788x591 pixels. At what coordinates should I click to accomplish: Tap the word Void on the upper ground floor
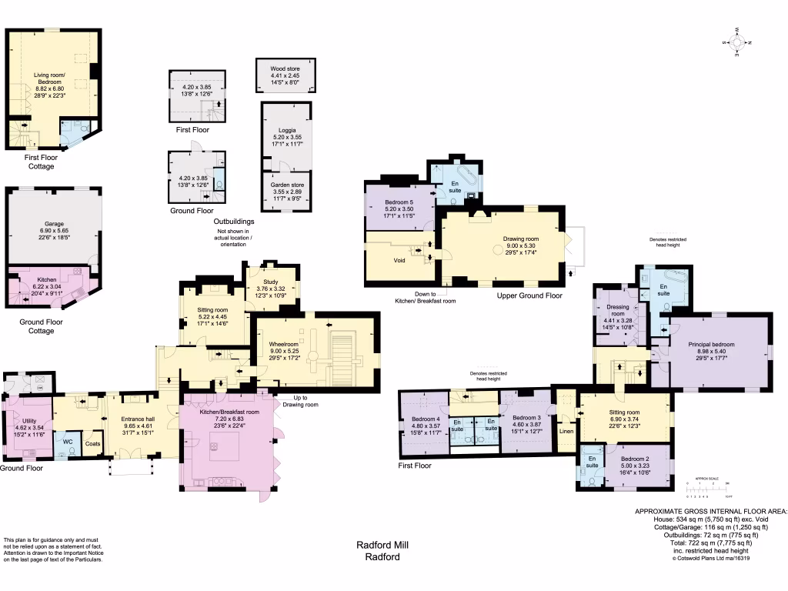[x=399, y=260]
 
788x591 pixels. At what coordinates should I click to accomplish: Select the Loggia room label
[x=285, y=135]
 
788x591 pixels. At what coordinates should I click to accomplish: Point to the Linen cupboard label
[x=567, y=430]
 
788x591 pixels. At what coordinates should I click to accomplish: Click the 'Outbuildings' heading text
[x=234, y=222]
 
